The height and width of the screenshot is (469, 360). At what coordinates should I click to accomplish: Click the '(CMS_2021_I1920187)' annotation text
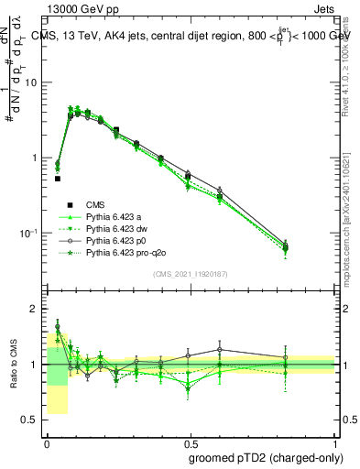pos(191,273)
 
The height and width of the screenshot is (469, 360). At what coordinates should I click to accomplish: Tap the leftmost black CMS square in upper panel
pos(58,179)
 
